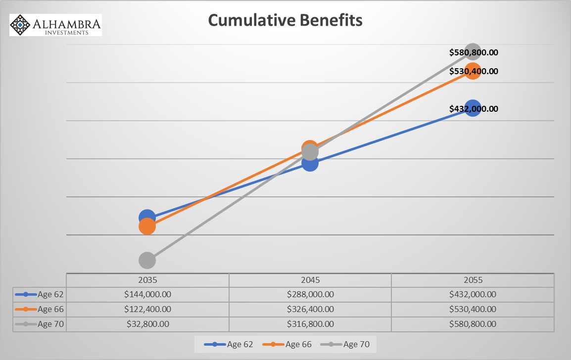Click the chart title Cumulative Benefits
285,20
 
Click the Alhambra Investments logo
56,25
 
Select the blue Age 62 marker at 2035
147,217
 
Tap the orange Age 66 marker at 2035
147,226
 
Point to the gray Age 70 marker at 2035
147,260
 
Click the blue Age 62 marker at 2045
310,163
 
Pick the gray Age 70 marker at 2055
473,51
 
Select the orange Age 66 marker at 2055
473,71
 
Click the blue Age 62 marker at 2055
473,108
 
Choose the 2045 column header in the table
310,280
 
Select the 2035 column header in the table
147,280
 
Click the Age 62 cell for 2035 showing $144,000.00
147,294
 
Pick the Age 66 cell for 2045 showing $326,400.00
310,309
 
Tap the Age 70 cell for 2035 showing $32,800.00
147,324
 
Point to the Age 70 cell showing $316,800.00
310,324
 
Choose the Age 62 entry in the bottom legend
233,344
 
